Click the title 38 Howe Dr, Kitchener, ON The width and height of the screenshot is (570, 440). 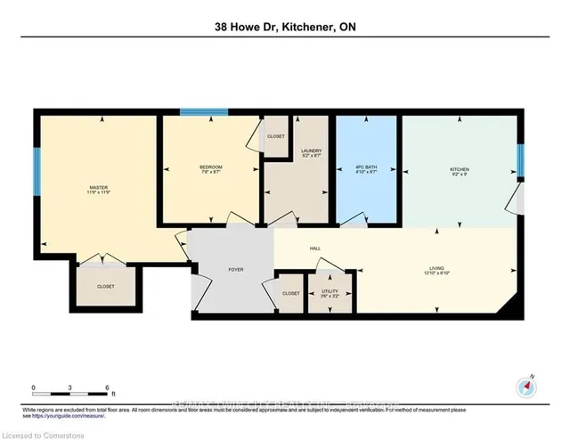pyautogui.click(x=285, y=28)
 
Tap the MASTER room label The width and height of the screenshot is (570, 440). pyautogui.click(x=98, y=188)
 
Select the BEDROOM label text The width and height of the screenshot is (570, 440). pyautogui.click(x=210, y=167)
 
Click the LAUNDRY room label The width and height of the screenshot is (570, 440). pyautogui.click(x=311, y=152)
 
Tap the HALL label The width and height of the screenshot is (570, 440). pyautogui.click(x=315, y=248)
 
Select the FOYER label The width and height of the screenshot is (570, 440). pyautogui.click(x=236, y=269)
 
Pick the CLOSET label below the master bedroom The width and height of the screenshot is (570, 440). pyautogui.click(x=106, y=286)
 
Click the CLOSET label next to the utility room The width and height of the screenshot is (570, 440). pyautogui.click(x=290, y=293)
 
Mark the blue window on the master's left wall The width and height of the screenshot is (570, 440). pyautogui.click(x=37, y=171)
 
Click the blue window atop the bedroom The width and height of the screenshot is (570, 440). pyautogui.click(x=194, y=112)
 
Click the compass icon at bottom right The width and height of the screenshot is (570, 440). pyautogui.click(x=525, y=387)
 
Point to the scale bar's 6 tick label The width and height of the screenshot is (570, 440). pyautogui.click(x=107, y=388)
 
